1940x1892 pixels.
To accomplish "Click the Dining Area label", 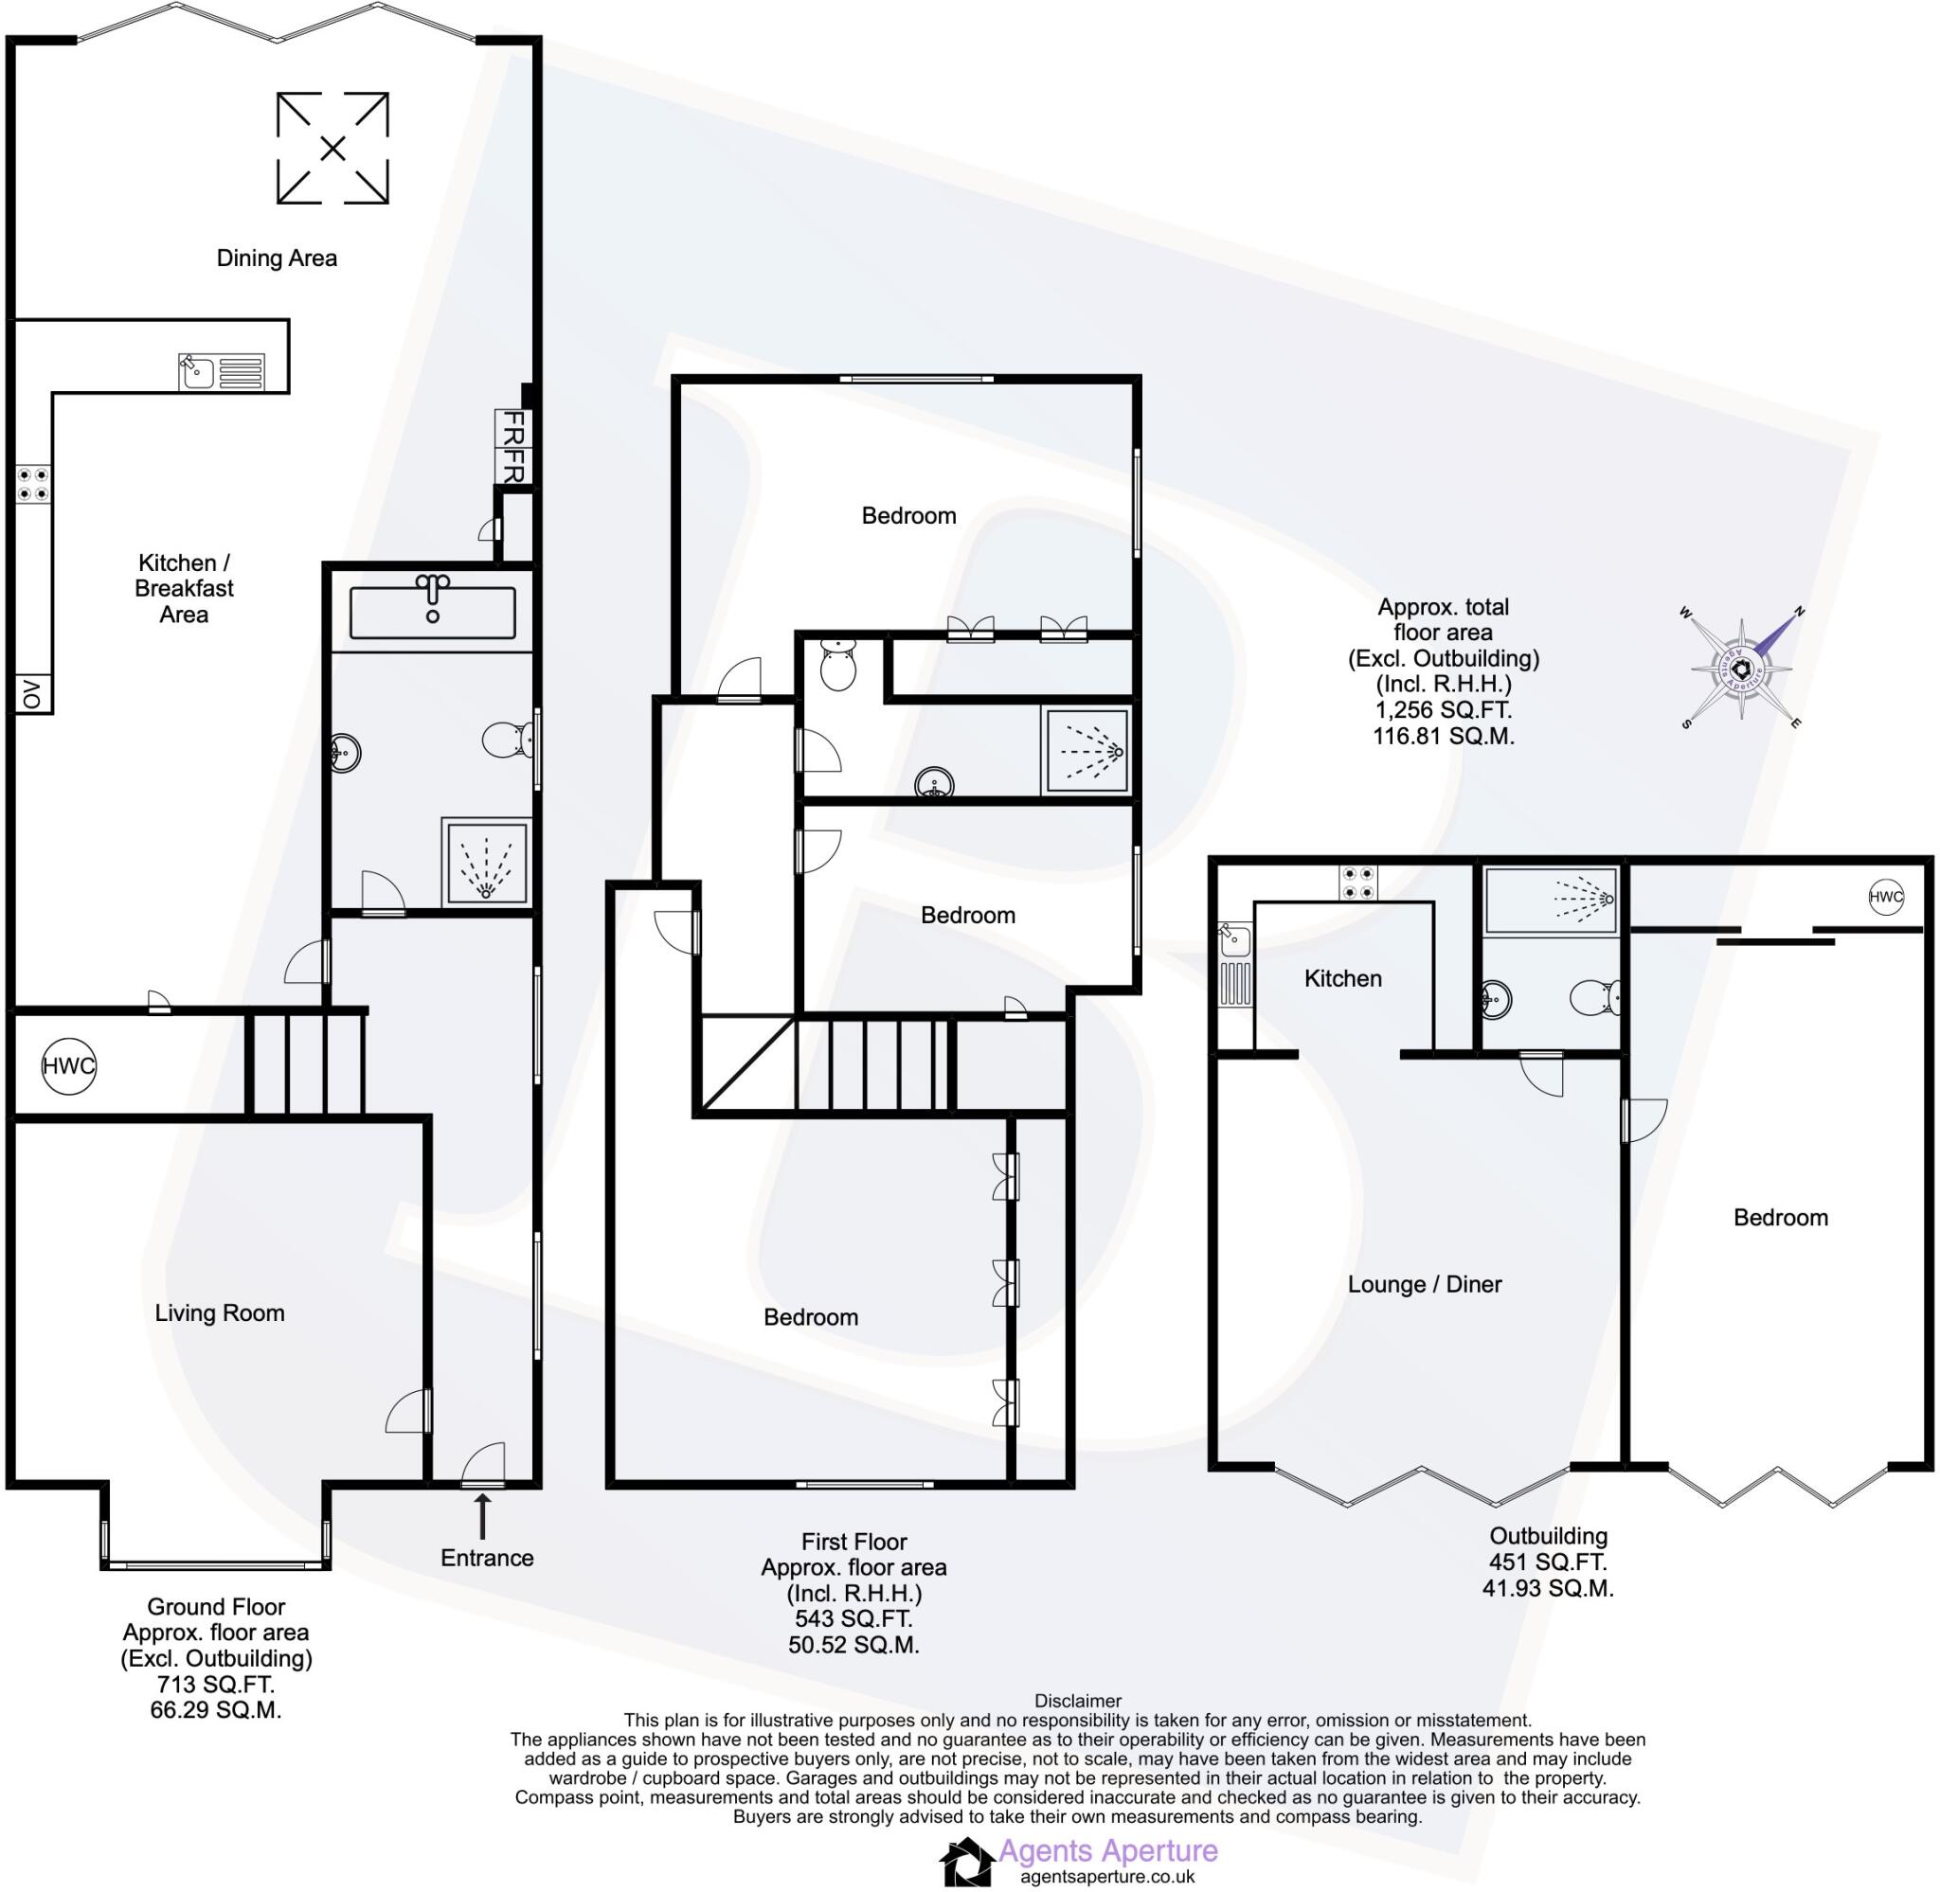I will coord(277,259).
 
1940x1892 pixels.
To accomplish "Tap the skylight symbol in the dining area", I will coord(332,148).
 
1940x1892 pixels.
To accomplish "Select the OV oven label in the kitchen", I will coord(33,693).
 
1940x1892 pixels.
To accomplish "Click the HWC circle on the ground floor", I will coord(68,1066).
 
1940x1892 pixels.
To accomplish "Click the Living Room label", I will coord(220,1312).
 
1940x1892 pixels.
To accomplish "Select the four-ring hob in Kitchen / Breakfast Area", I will coord(32,484).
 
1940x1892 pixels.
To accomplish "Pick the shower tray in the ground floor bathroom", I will coord(486,862).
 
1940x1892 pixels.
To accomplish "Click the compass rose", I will coord(1741,668).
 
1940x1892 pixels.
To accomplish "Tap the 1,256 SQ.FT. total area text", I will coord(1443,709).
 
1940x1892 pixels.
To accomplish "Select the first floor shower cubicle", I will coord(1087,750).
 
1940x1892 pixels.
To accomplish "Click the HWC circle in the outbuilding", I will coord(1885,897).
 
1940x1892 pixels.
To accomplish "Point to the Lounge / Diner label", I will coord(1423,1284).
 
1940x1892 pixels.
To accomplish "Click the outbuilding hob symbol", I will coord(1356,883).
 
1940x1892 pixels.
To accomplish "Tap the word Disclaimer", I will coord(1077,1702).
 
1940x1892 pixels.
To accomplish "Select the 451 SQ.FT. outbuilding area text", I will coord(1548,1562).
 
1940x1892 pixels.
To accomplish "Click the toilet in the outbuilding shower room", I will coord(1596,998).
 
